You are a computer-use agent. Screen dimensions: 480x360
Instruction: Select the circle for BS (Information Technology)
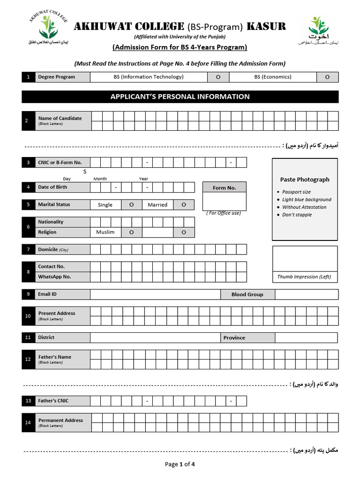pyautogui.click(x=218, y=77)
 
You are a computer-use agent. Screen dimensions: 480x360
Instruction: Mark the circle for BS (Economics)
pyautogui.click(x=327, y=77)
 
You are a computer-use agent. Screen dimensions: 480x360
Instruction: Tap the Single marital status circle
pyautogui.click(x=132, y=205)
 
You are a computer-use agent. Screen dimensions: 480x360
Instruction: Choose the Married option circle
pyautogui.click(x=184, y=205)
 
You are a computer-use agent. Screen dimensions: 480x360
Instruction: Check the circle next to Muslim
pyautogui.click(x=132, y=232)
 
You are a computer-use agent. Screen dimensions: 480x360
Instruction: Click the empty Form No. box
pyautogui.click(x=224, y=202)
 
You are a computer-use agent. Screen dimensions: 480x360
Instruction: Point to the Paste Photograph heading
pyautogui.click(x=305, y=180)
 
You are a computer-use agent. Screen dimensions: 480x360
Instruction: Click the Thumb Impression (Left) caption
pyautogui.click(x=304, y=277)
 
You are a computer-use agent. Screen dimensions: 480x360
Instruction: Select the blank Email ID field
pyautogui.click(x=155, y=294)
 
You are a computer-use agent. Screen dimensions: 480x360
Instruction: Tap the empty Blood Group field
pyautogui.click(x=307, y=294)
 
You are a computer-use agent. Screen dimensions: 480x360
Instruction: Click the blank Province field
pyautogui.click(x=306, y=337)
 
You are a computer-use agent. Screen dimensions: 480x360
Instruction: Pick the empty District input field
pyautogui.click(x=155, y=337)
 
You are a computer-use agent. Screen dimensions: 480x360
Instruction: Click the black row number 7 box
pyautogui.click(x=28, y=249)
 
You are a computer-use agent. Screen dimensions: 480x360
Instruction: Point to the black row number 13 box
pyautogui.click(x=28, y=401)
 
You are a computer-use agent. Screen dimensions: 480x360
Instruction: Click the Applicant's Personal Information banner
pyautogui.click(x=180, y=97)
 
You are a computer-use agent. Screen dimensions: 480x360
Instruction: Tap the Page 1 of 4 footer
pyautogui.click(x=180, y=464)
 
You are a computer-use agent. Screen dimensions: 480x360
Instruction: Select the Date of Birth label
pyautogui.click(x=52, y=187)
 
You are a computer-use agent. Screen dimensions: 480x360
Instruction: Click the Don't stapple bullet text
pyautogui.click(x=297, y=215)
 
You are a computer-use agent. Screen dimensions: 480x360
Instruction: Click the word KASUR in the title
pyautogui.click(x=266, y=26)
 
